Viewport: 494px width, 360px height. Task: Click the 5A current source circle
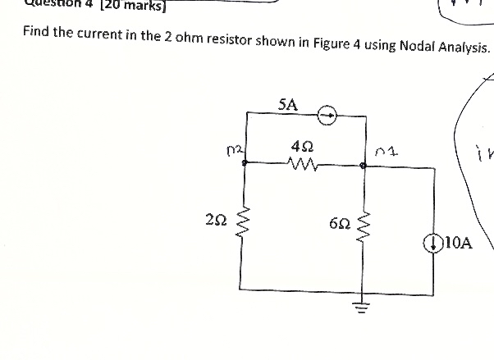click(328, 116)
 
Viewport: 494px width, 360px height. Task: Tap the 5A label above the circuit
click(288, 104)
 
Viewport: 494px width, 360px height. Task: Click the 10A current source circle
click(432, 243)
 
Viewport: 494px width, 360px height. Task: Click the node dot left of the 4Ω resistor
click(244, 163)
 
